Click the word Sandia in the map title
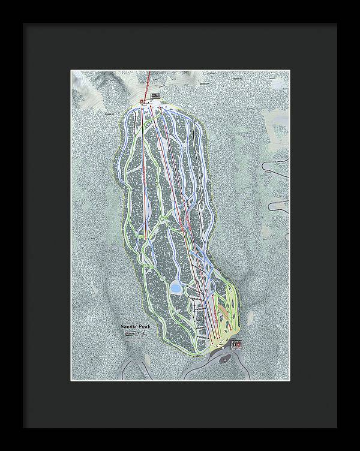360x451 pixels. point(129,326)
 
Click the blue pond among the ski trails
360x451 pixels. point(176,288)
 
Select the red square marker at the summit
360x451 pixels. point(142,101)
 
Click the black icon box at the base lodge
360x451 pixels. point(238,343)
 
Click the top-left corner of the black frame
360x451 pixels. point(24,24)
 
